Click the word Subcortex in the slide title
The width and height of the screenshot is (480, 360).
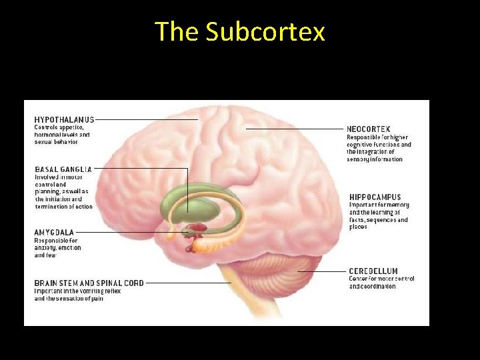tap(265, 31)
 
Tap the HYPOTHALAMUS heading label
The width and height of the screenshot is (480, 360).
tap(64, 119)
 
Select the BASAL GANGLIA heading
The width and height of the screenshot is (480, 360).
tap(63, 169)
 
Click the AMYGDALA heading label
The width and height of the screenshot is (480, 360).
tap(55, 233)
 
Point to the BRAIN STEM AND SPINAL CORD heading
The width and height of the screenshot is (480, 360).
tap(89, 283)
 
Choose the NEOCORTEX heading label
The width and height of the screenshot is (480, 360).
tap(368, 129)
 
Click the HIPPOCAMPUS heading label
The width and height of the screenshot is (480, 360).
tap(375, 197)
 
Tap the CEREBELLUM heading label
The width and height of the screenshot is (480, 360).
tap(373, 271)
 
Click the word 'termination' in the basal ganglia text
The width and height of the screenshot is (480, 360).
tap(51, 207)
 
